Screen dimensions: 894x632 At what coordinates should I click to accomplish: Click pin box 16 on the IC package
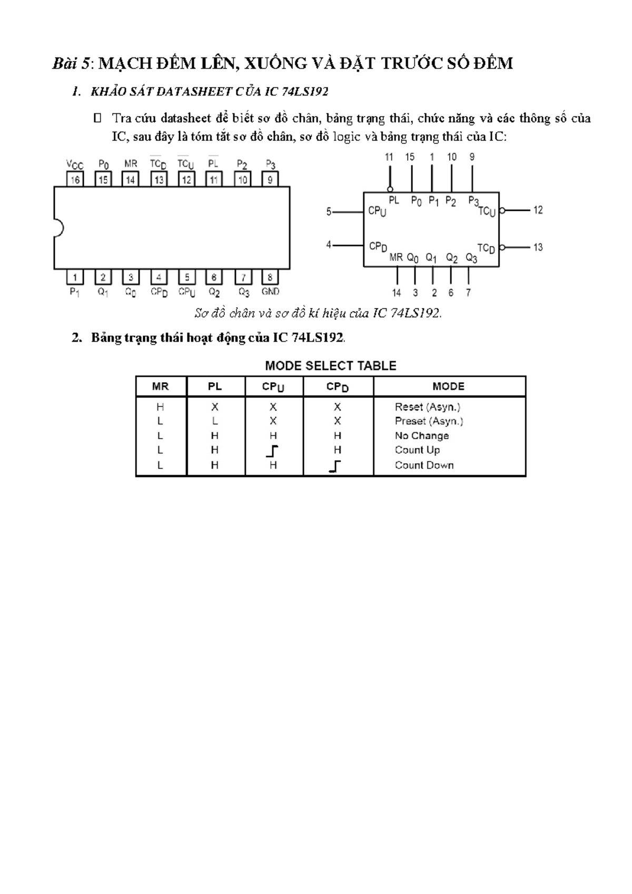coord(75,180)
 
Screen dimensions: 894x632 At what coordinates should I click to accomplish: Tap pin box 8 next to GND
coord(270,277)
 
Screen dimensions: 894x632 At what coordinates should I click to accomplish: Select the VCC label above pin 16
coord(75,164)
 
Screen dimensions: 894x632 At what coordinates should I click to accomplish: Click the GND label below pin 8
coord(270,291)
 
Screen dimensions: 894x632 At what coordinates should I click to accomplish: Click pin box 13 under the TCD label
coord(159,180)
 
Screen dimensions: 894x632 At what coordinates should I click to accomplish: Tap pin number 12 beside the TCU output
coord(538,210)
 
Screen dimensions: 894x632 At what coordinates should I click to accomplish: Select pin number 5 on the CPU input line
coord(329,212)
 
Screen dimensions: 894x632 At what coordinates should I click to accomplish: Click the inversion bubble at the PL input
coord(390,189)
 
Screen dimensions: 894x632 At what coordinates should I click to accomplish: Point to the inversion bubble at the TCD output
coord(502,247)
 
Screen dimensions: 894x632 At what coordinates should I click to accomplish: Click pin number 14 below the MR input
coord(397,293)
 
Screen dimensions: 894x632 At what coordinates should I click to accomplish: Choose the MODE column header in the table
coord(448,386)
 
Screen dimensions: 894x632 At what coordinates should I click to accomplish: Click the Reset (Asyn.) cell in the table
coord(428,407)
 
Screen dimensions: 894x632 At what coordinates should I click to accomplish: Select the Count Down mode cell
coord(424,465)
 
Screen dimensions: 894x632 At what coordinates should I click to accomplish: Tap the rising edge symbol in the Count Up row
coord(272,451)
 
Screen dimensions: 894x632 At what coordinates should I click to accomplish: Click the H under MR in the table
coord(160,407)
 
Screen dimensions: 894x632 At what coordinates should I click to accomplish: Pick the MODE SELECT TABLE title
coord(330,366)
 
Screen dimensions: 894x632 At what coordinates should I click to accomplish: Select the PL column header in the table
coord(214,386)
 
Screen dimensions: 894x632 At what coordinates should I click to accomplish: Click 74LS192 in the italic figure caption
coord(414,313)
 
